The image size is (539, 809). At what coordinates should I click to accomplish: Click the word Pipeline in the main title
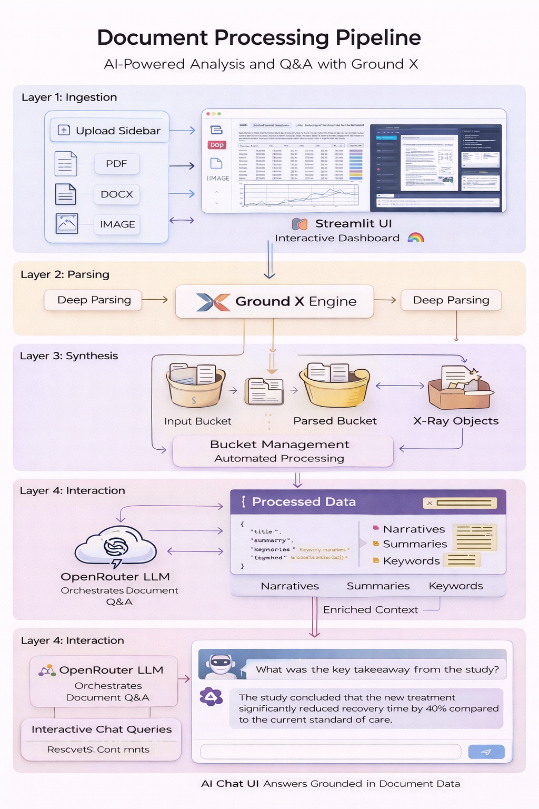tap(378, 38)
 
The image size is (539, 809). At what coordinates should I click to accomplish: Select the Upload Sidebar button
tap(109, 131)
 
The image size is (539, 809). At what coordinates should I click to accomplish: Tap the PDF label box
tap(117, 164)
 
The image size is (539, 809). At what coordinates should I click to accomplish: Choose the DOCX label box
tap(117, 194)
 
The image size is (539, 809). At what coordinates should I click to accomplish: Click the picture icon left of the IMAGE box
tap(67, 224)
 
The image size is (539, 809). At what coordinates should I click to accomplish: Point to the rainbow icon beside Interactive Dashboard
tap(416, 238)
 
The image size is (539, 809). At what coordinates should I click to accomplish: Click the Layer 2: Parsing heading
tap(65, 274)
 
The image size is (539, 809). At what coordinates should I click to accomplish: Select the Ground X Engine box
tap(274, 301)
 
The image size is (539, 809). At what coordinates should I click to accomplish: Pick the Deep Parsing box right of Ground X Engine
tap(451, 300)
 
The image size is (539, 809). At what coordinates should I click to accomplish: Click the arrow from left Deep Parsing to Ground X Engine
tap(155, 300)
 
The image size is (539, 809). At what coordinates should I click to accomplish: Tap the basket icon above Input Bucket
tap(195, 386)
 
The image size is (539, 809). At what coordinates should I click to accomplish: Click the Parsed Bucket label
tap(335, 421)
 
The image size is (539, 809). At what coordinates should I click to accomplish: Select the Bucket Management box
tap(283, 451)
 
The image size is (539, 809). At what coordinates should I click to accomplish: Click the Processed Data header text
tap(304, 502)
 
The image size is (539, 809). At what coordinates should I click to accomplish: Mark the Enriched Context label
tap(371, 610)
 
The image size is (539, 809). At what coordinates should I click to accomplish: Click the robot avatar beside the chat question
tap(221, 665)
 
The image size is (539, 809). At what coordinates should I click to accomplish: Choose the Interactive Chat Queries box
tap(102, 729)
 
